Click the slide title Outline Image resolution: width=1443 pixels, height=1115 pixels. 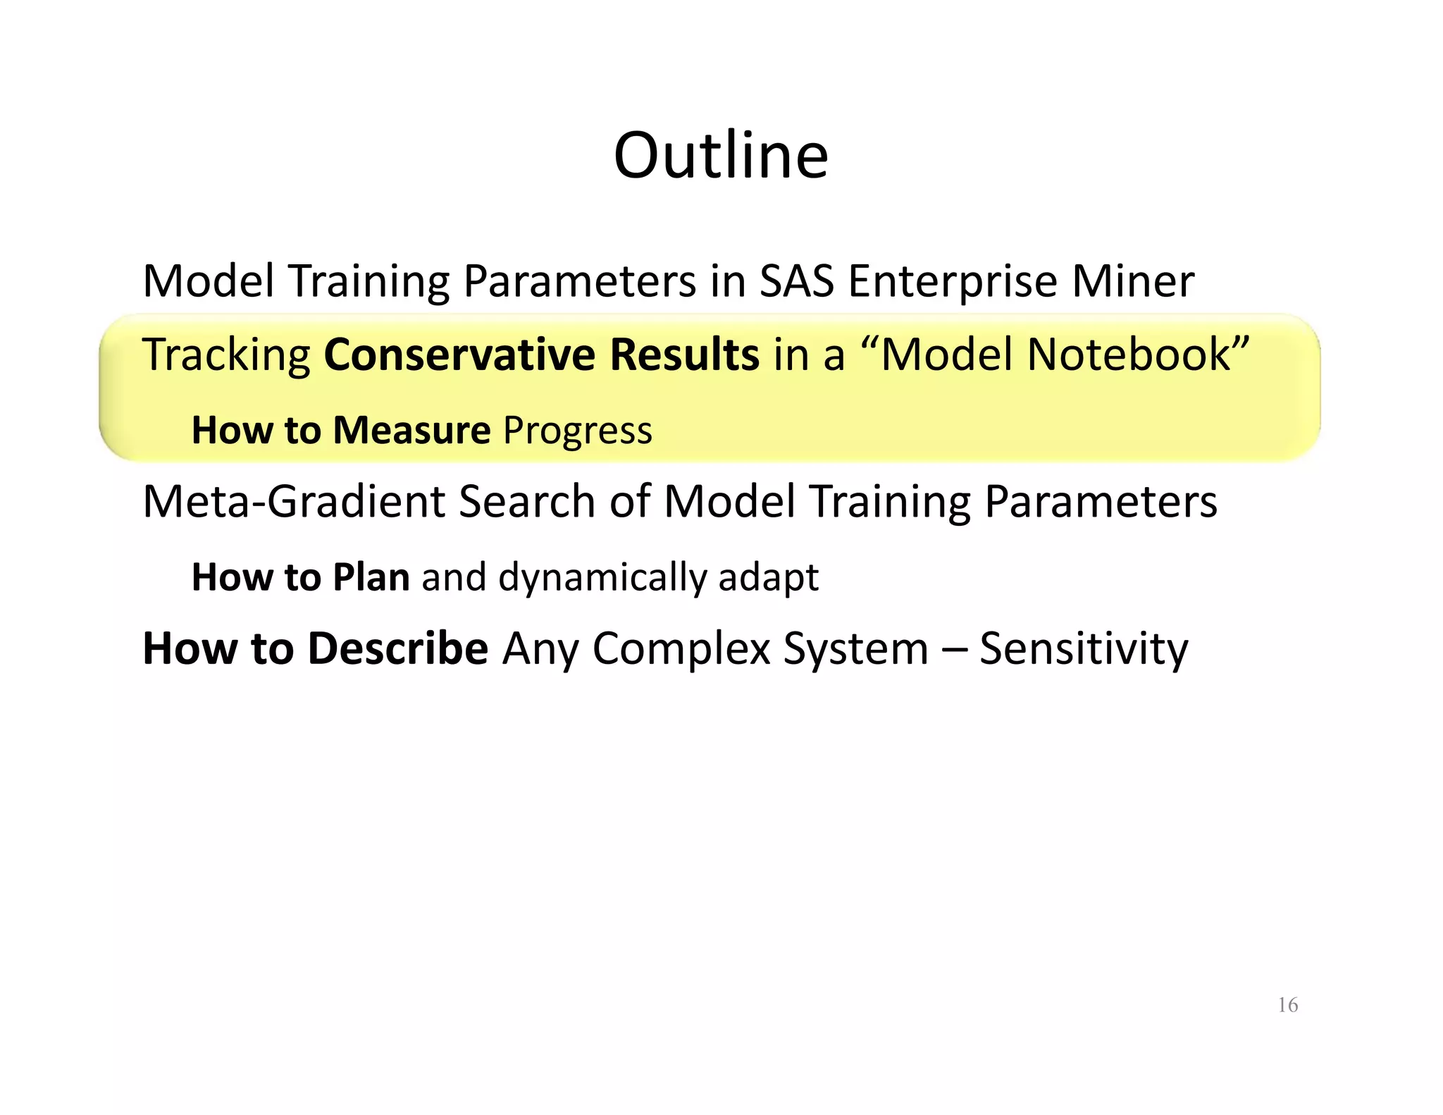pyautogui.click(x=721, y=156)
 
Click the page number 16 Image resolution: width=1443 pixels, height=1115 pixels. pyautogui.click(x=1287, y=1005)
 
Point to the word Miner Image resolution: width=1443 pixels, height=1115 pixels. pyautogui.click(x=1133, y=281)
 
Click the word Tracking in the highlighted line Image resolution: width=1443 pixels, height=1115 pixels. pyautogui.click(x=226, y=355)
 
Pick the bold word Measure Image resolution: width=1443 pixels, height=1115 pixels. pyautogui.click(x=411, y=430)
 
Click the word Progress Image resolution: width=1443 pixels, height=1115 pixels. pyautogui.click(x=578, y=431)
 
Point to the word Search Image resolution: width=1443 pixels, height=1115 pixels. pyautogui.click(x=527, y=502)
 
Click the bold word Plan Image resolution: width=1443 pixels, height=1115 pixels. pyautogui.click(x=371, y=577)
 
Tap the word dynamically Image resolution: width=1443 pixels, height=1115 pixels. pyautogui.click(x=602, y=579)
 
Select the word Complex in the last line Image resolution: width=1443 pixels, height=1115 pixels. pyautogui.click(x=681, y=650)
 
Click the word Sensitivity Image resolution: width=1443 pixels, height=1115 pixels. pyautogui.click(x=1084, y=650)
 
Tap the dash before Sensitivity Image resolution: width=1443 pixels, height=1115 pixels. pyautogui.click(x=954, y=650)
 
